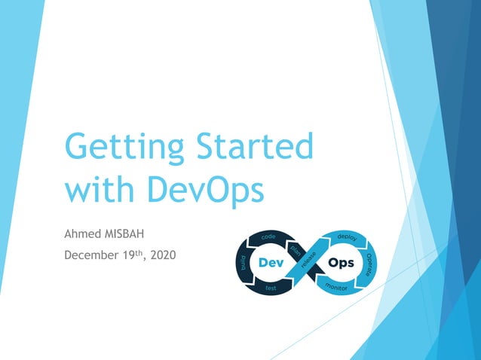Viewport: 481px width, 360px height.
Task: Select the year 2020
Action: click(x=164, y=256)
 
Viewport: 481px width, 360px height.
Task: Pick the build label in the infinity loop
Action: click(x=244, y=262)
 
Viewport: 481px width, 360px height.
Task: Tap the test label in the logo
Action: click(x=269, y=288)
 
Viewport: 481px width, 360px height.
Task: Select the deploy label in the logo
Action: click(x=347, y=238)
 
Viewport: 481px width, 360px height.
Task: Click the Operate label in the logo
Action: click(x=369, y=263)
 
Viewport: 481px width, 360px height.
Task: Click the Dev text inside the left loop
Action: click(x=272, y=264)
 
